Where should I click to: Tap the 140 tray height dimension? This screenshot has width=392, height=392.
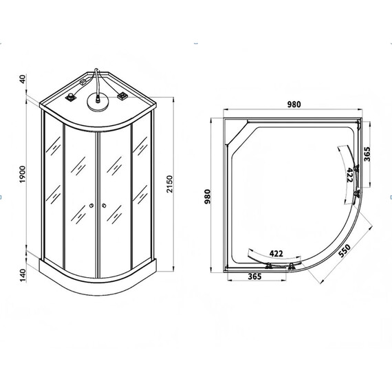click(23, 274)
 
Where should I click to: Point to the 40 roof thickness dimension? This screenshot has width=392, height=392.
click(23, 79)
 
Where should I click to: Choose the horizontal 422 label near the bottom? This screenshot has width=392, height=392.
click(276, 253)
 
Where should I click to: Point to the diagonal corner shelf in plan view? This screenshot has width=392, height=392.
click(238, 135)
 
